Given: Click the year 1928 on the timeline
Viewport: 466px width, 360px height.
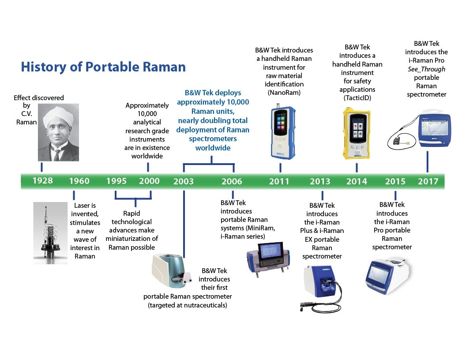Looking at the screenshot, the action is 42,180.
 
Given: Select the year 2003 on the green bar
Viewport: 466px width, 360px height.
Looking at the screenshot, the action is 184,181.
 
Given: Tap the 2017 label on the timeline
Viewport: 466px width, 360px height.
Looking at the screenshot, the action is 428,181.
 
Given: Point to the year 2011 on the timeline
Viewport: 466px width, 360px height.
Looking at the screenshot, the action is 279,181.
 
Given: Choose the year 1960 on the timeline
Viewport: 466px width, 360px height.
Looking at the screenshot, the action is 79,181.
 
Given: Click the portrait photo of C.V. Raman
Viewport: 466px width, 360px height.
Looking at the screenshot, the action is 59,132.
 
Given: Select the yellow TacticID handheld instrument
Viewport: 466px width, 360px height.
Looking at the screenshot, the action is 357,133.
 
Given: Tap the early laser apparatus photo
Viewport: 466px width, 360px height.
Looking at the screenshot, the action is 50,233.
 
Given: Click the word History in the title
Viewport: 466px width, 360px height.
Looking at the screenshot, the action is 43,67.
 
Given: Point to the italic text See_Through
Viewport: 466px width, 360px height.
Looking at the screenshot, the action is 426,69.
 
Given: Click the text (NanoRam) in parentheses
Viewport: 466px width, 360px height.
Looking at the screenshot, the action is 284,93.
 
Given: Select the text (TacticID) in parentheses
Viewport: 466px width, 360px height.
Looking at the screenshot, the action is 357,98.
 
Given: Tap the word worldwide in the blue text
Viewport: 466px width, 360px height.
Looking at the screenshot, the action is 213,148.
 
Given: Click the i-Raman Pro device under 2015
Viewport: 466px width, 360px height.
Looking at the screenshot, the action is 388,276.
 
